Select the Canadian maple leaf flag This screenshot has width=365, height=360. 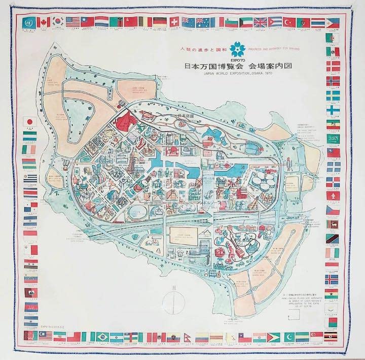coord(43,22)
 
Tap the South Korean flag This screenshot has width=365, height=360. coord(58,22)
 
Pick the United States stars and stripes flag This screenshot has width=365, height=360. coord(73,22)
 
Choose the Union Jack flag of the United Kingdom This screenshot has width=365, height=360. coord(260,22)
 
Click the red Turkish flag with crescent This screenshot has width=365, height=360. coord(289,22)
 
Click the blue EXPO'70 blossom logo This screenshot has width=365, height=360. coord(238,50)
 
